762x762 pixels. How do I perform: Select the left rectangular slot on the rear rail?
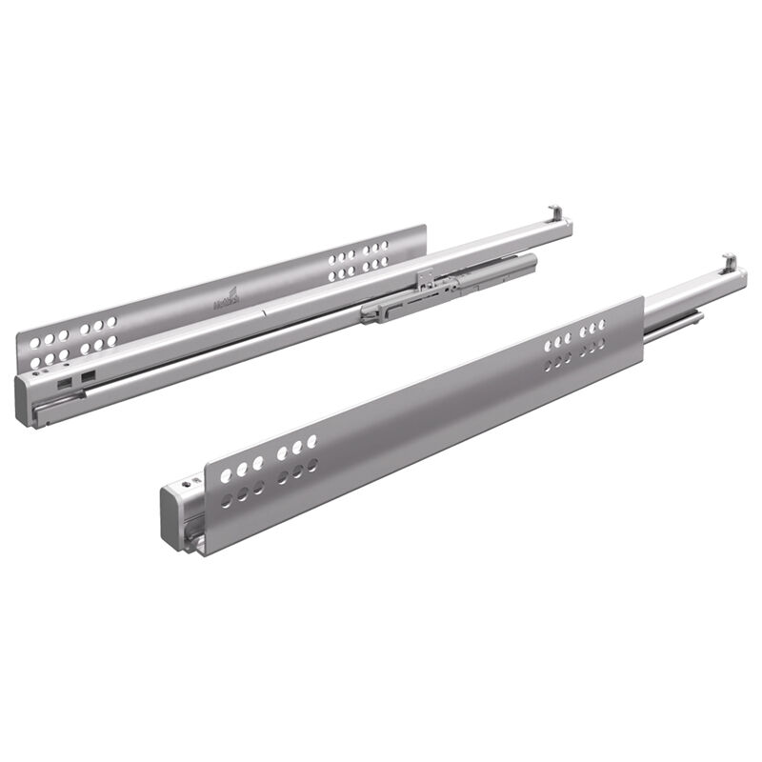point(63,381)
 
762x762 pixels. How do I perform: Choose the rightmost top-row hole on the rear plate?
point(384,246)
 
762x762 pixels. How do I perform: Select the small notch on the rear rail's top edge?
point(270,309)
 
